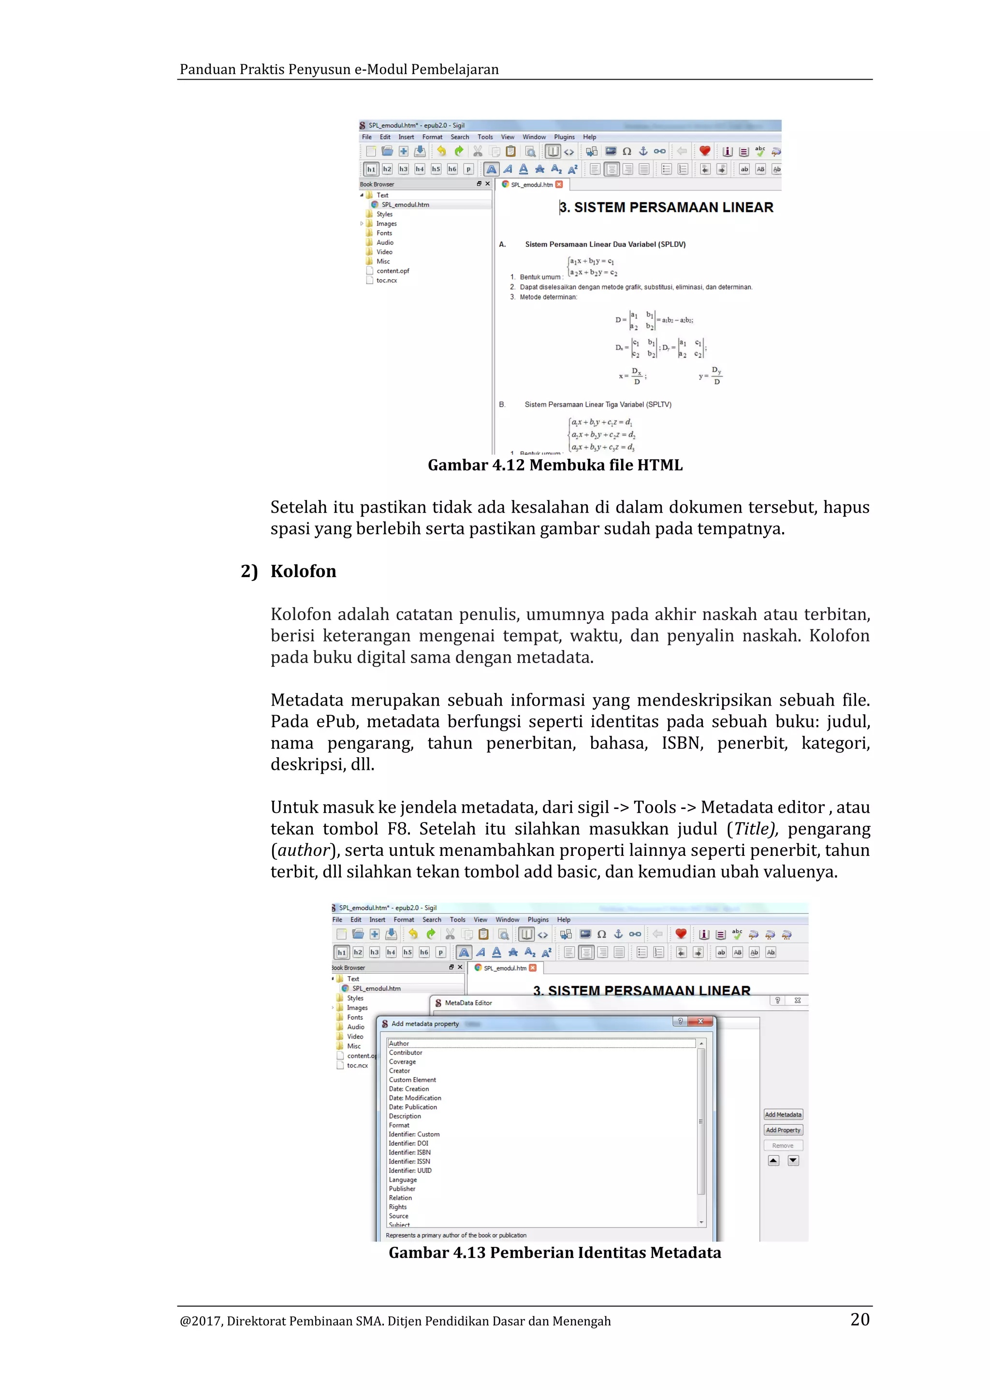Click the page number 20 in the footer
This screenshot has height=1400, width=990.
pos(859,1319)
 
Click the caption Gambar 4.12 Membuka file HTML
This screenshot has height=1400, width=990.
pos(555,465)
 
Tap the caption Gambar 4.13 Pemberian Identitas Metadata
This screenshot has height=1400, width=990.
pos(554,1253)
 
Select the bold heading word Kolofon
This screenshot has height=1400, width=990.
pos(303,571)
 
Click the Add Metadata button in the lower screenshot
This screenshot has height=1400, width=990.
pos(783,1114)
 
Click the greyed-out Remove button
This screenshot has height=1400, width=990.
pos(783,1146)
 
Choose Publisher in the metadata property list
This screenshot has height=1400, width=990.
pos(402,1188)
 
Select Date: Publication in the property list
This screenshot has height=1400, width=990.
pos(413,1107)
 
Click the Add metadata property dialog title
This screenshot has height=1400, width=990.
pos(425,1024)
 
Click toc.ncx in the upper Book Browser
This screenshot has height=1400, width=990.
pos(387,280)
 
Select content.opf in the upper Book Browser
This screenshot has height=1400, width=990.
pos(393,271)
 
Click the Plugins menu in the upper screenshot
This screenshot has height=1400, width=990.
pos(564,137)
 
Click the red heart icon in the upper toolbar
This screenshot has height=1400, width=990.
pos(704,151)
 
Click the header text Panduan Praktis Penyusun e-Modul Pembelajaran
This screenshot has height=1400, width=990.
pos(339,70)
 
